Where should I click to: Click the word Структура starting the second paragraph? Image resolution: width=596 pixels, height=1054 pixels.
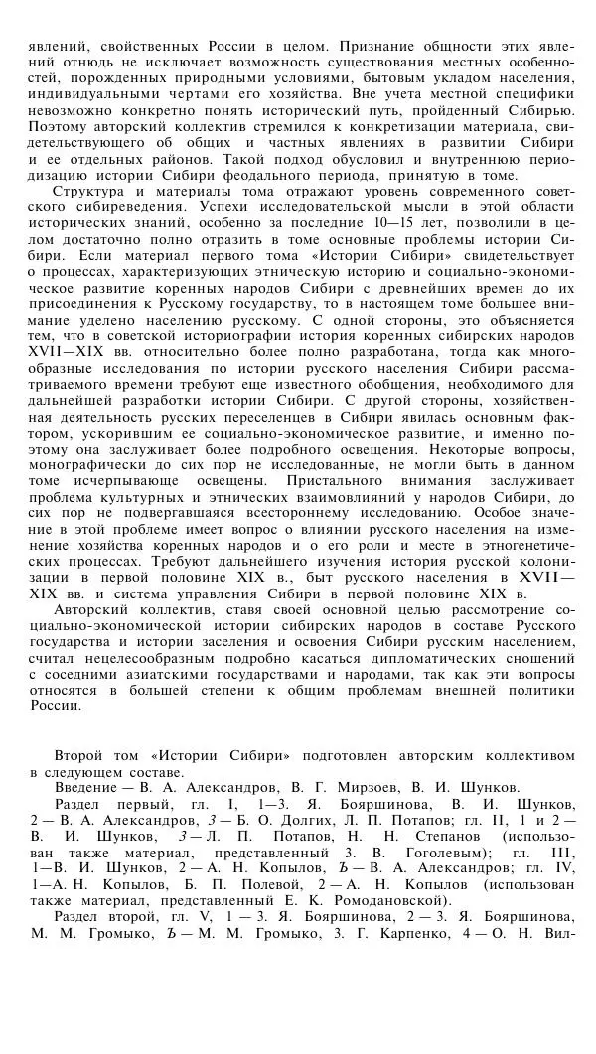coord(90,191)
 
